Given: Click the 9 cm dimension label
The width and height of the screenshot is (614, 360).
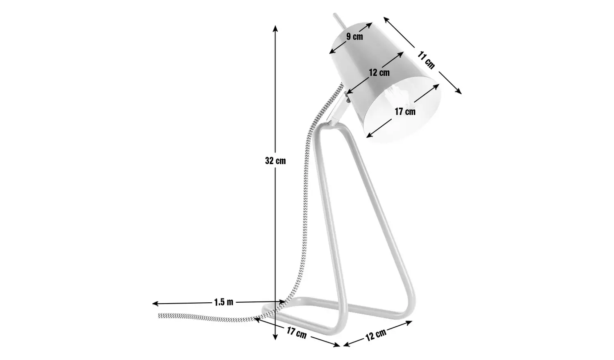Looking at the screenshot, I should (354, 37).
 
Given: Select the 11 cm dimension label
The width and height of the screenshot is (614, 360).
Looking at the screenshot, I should (426, 60).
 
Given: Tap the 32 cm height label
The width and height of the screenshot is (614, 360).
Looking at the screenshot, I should (275, 161).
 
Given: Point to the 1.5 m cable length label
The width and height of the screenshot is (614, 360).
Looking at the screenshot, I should (223, 302).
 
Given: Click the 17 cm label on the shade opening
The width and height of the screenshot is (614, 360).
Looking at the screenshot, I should (405, 111).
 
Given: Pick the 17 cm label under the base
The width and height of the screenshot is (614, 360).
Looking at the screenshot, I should (296, 333).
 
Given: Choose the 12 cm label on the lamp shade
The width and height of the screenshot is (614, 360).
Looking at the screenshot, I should (379, 73).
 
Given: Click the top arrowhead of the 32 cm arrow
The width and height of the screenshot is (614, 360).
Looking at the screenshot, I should (275, 27).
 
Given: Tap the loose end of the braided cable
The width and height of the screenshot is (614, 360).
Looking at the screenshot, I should (160, 315).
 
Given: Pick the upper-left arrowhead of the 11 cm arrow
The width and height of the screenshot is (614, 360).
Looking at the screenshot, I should (385, 19).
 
